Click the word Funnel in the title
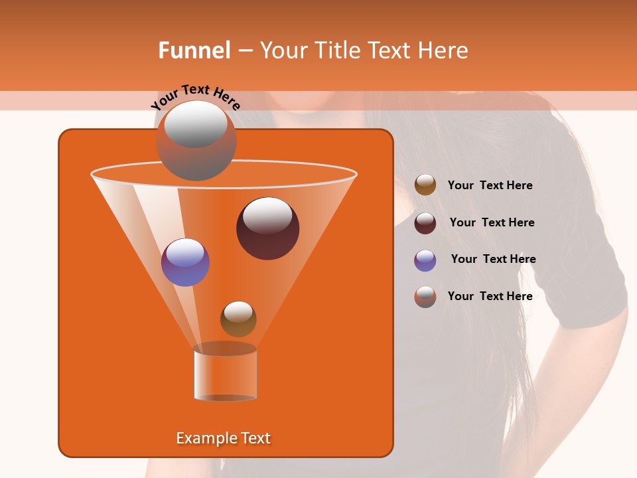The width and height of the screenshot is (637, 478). tap(194, 50)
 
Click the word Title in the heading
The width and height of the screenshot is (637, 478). tap(336, 50)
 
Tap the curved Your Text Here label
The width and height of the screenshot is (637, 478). tap(196, 96)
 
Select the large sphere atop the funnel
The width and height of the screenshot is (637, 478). tap(196, 141)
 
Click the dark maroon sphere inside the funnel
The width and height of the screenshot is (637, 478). tap(267, 228)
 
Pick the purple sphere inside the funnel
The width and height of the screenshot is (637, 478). tap(185, 262)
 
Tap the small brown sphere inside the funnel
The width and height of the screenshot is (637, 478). tap(238, 319)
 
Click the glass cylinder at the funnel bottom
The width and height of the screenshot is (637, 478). tap(225, 373)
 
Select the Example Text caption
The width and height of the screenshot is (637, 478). tap(223, 438)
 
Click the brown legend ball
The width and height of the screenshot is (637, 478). tap(425, 185)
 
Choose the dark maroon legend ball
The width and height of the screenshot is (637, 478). tap(425, 222)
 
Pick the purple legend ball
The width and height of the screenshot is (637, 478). tap(425, 260)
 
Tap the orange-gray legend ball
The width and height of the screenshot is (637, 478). tap(425, 296)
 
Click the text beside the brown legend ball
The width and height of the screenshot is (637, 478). tap(490, 185)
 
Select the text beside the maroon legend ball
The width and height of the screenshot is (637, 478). tap(492, 222)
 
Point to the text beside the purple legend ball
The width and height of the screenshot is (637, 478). tap(493, 259)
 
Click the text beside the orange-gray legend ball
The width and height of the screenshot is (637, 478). tap(490, 296)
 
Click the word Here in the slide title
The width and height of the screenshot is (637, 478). tap(444, 50)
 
